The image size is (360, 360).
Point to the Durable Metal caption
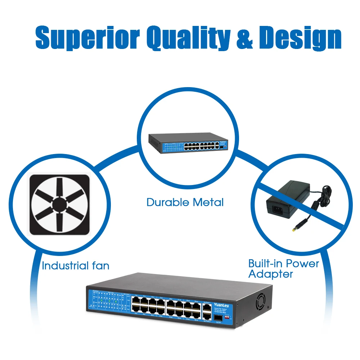pos(185,202)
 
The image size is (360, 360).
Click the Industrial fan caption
pos(75,266)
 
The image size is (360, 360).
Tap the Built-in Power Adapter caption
pos(284,269)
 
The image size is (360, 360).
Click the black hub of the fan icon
pos(60,204)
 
